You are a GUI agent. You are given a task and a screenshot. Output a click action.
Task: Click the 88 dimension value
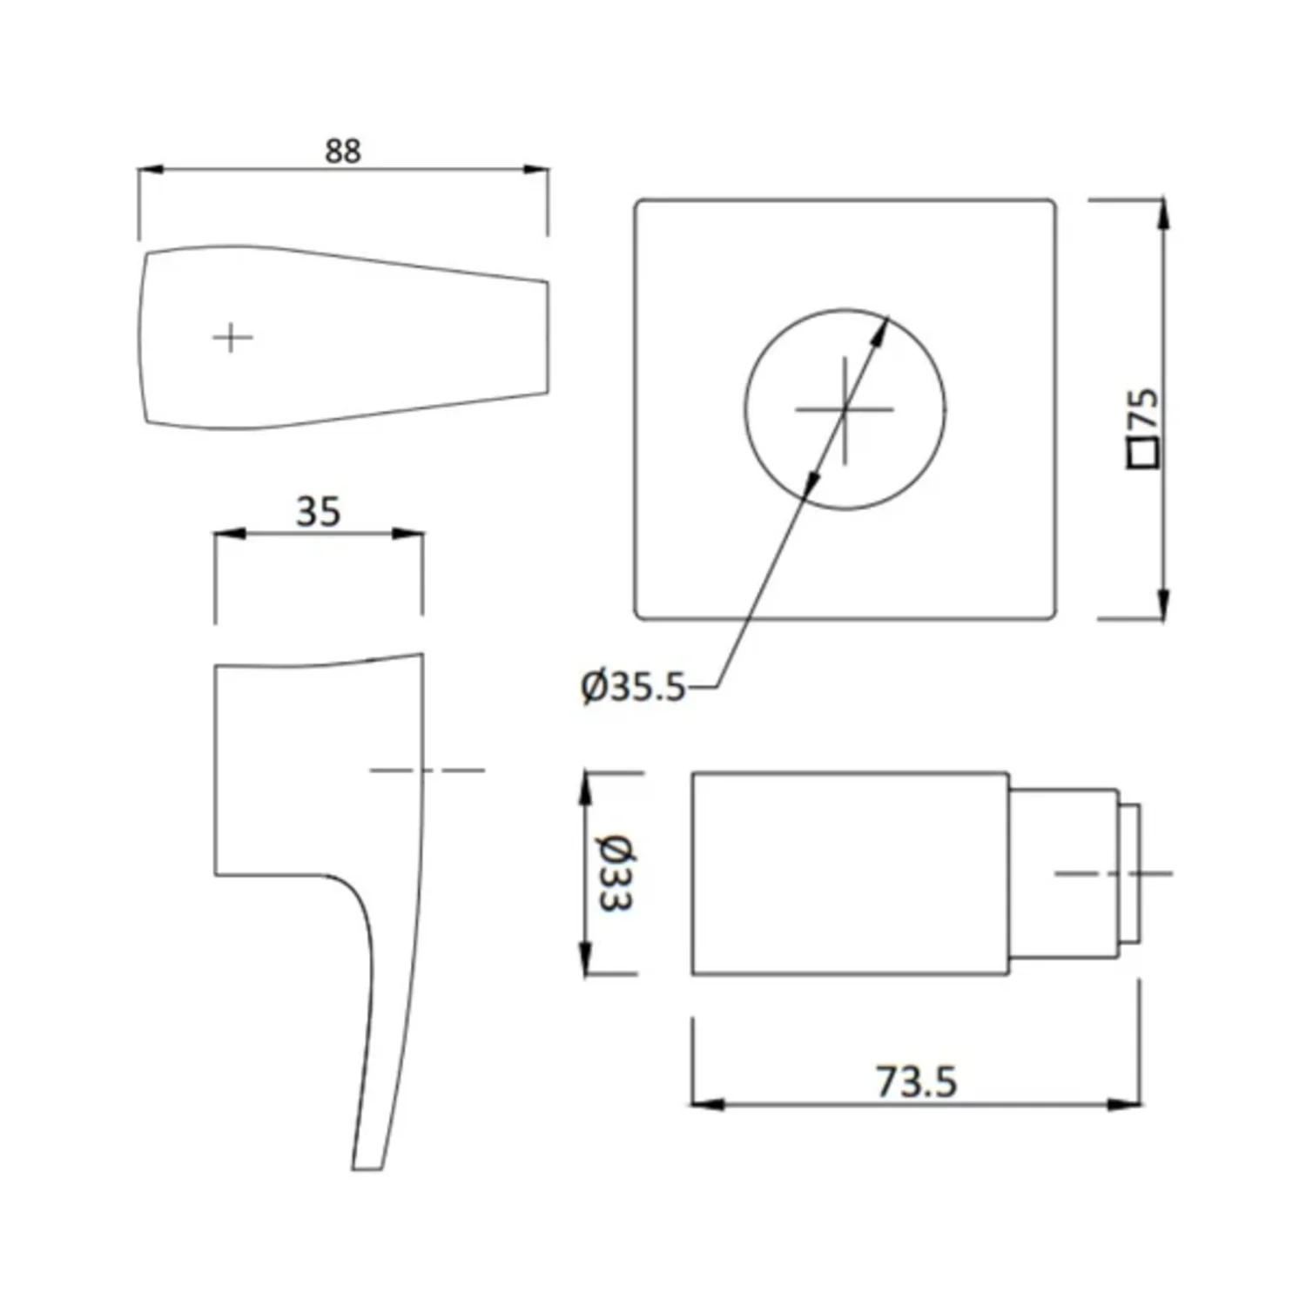point(342,151)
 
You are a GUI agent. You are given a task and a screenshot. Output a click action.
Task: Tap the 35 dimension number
point(318,511)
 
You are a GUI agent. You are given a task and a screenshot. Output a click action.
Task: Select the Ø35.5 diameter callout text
point(633,687)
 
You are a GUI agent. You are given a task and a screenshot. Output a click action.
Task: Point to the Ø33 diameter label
point(616,872)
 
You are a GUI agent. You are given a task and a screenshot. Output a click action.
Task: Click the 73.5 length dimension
point(916,1082)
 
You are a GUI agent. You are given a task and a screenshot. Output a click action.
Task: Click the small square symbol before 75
point(1144,454)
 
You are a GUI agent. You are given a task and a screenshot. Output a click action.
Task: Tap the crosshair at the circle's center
point(845,408)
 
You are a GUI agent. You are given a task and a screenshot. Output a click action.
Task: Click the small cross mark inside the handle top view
point(232,337)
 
